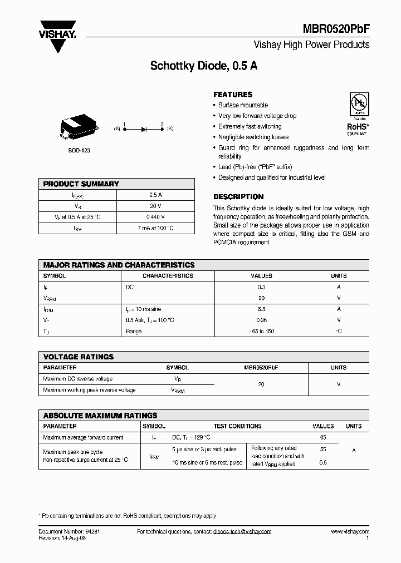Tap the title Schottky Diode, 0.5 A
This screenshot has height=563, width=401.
pyautogui.click(x=204, y=66)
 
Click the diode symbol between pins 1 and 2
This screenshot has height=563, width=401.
pyautogui.click(x=143, y=129)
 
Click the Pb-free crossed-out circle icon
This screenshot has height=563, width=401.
pyautogui.click(x=357, y=103)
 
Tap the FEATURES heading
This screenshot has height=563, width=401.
pyautogui.click(x=233, y=95)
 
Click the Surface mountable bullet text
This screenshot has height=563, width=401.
pyautogui.click(x=243, y=105)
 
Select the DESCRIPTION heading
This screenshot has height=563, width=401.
pyautogui.click(x=238, y=197)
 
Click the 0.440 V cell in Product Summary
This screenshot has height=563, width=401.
pyautogui.click(x=155, y=217)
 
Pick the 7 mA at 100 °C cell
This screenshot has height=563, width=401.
pyautogui.click(x=155, y=228)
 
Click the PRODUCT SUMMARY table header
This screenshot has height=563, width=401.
pyautogui.click(x=81, y=184)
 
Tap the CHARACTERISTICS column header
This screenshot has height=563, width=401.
pyautogui.click(x=168, y=276)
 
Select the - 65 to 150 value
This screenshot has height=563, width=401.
pyautogui.click(x=261, y=331)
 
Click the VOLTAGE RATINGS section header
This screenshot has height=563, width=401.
pyautogui.click(x=79, y=357)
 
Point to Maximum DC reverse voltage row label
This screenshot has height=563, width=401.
pyautogui.click(x=77, y=379)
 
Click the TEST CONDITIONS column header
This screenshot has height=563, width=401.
pyautogui.click(x=237, y=426)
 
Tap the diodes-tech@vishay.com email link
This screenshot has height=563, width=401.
pyautogui.click(x=242, y=532)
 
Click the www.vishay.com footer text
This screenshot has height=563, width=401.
pyautogui.click(x=349, y=532)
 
